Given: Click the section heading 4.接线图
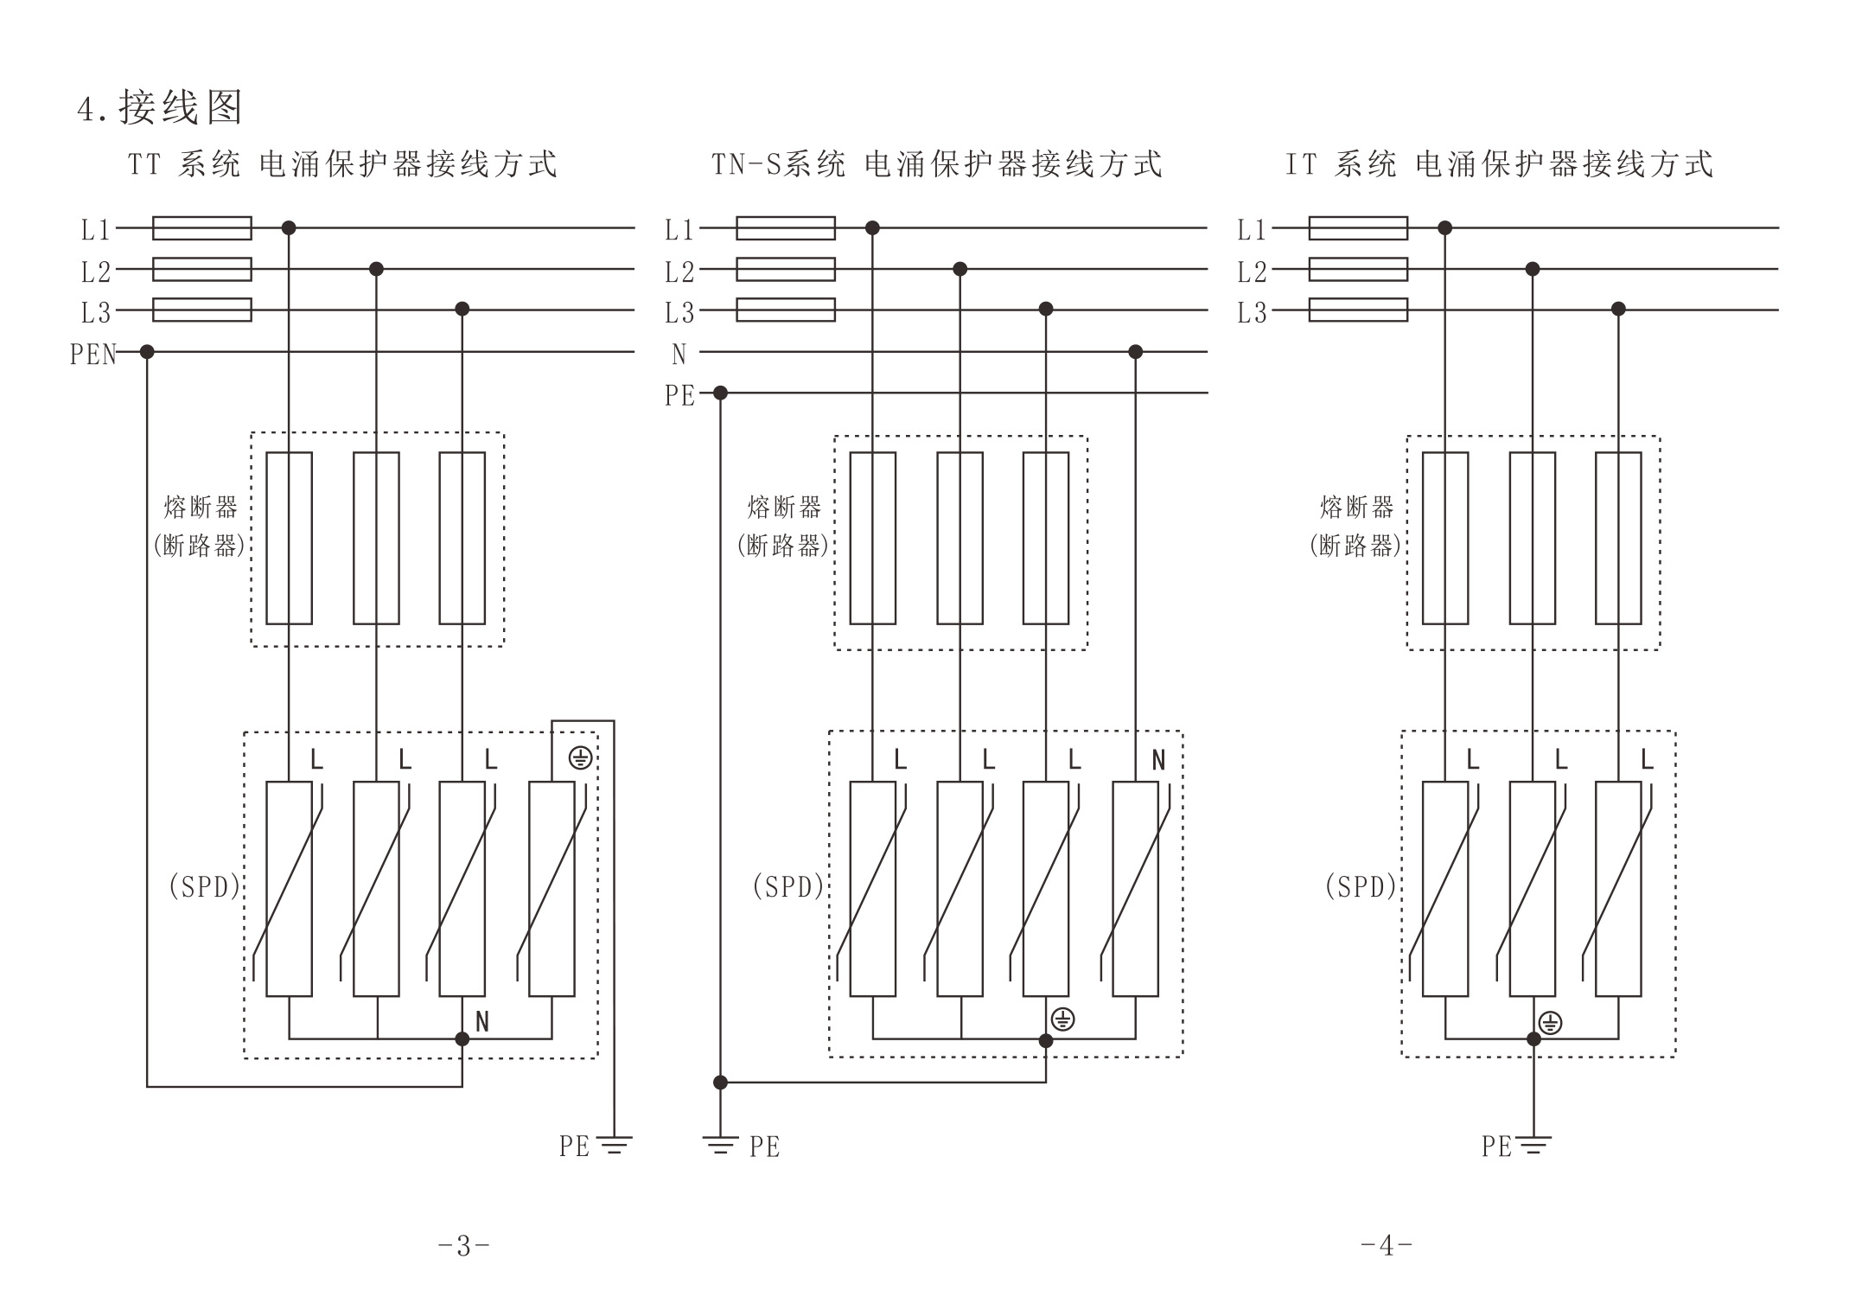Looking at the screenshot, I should pyautogui.click(x=160, y=108).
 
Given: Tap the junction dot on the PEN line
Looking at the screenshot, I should pyautogui.click(x=147, y=352).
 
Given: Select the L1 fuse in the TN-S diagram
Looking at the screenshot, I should pyautogui.click(x=785, y=228).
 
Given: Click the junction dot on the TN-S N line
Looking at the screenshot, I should pyautogui.click(x=1135, y=352).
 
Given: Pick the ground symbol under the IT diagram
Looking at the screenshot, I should pyautogui.click(x=1533, y=1147).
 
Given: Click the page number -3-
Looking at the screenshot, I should pyautogui.click(x=464, y=1246).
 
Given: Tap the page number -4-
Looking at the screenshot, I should pyautogui.click(x=1387, y=1246).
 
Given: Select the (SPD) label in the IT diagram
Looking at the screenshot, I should pyautogui.click(x=1361, y=887).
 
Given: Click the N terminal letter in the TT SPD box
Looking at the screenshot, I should pyautogui.click(x=482, y=1022).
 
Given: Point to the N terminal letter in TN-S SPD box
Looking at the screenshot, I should pyautogui.click(x=1158, y=760).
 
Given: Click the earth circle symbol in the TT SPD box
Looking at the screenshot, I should pyautogui.click(x=580, y=759).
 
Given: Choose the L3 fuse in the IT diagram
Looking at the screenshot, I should pyautogui.click(x=1358, y=310).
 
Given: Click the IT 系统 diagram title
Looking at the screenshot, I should pyautogui.click(x=1499, y=164).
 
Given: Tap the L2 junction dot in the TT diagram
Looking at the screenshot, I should pyautogui.click(x=376, y=269).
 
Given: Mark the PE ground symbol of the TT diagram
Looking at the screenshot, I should pyautogui.click(x=615, y=1147).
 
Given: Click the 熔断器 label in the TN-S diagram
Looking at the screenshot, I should pyautogui.click(x=784, y=508).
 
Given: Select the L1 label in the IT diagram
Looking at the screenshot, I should pyautogui.click(x=1252, y=230).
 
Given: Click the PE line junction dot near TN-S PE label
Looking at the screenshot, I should pyautogui.click(x=720, y=393).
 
